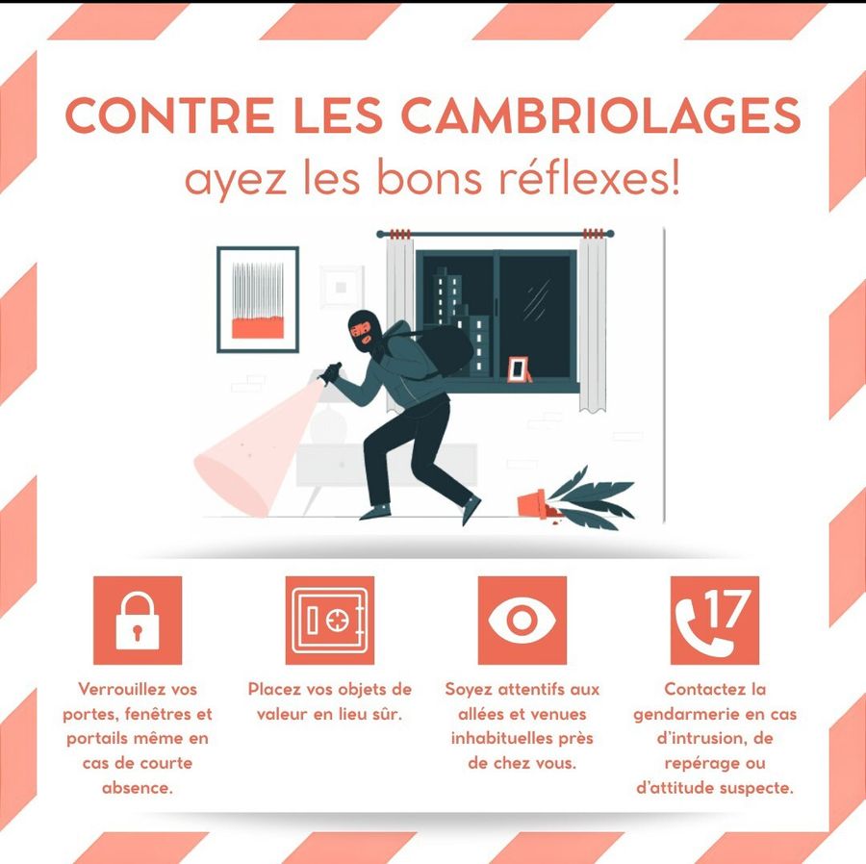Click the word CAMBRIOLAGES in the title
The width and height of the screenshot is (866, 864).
[x=600, y=115]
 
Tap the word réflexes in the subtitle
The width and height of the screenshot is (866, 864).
[x=589, y=178]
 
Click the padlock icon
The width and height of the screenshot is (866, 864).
[x=138, y=621]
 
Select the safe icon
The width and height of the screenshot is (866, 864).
[x=330, y=621]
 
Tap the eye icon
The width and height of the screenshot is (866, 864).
[x=522, y=621]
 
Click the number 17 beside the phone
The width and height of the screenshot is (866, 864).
[x=728, y=609]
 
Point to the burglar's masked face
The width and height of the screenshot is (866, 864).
[x=365, y=331]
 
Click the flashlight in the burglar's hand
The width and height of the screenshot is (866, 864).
[x=330, y=373]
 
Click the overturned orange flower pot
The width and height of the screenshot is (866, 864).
[x=532, y=504]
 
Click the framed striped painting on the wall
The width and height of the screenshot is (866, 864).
[x=258, y=300]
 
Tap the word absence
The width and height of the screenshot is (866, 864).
[x=137, y=788]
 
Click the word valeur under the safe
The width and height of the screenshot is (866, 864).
[x=283, y=714]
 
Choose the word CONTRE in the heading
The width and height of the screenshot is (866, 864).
[x=169, y=115]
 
